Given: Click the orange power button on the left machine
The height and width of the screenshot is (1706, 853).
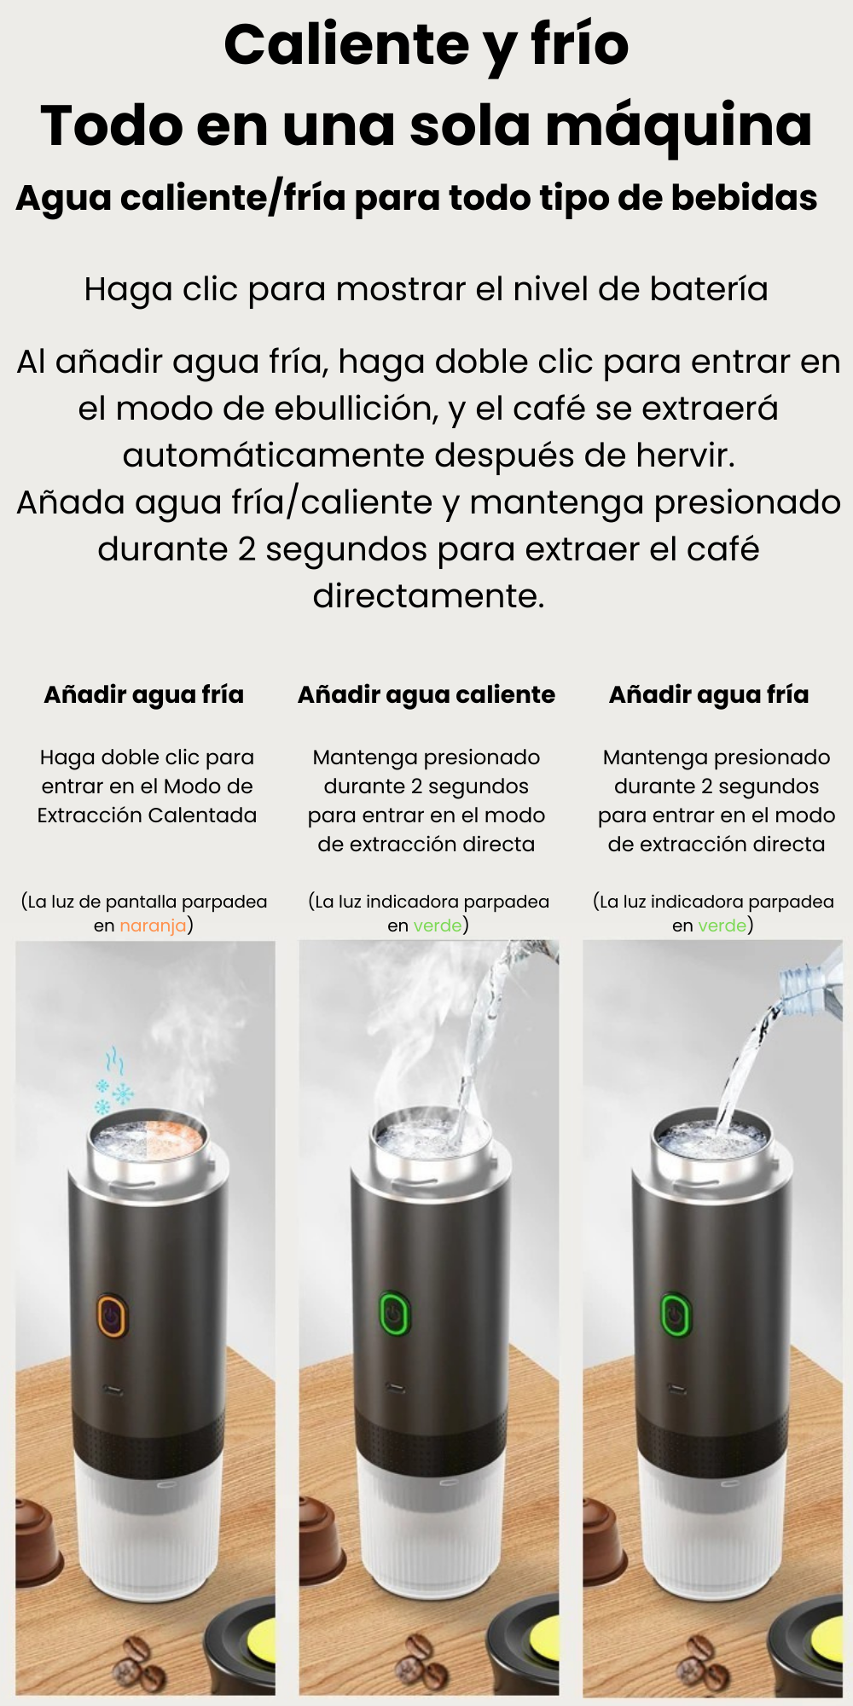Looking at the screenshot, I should [112, 1315].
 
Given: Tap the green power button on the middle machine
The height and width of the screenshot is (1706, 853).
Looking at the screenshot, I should [394, 1314].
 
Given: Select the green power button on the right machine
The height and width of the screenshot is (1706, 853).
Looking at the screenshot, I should [675, 1314].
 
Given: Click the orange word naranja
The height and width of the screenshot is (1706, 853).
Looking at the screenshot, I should [153, 926].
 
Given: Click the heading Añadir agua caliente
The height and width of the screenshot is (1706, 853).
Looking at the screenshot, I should [426, 695].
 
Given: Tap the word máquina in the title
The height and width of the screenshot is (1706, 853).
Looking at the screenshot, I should [678, 125].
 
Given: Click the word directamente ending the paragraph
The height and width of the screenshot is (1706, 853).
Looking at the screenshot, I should [427, 596].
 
